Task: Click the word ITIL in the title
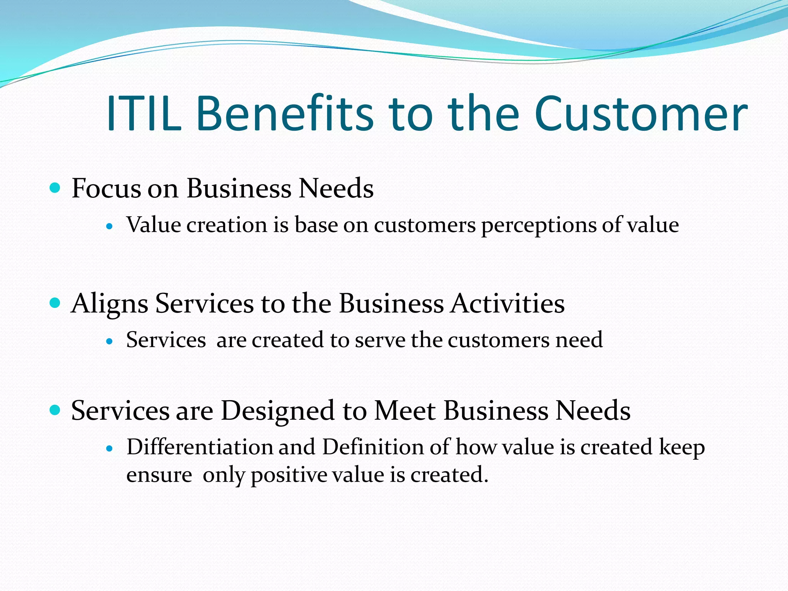coord(143,114)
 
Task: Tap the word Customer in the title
coord(640,114)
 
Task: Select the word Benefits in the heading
coord(285,114)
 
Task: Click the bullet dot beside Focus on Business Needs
coord(55,188)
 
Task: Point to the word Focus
coord(106,189)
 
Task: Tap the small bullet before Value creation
coord(110,227)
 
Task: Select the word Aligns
coord(110,304)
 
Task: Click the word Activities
coord(508,304)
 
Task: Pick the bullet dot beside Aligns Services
coord(55,303)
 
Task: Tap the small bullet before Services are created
coord(110,341)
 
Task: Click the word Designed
coord(278,411)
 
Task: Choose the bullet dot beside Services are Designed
coord(55,410)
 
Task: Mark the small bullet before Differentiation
coord(110,449)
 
